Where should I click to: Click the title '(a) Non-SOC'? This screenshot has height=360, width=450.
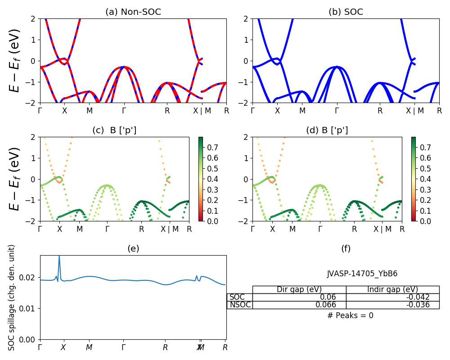point(133,12)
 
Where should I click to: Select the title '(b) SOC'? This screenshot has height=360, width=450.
point(346,12)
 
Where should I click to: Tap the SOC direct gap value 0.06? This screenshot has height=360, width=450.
point(333,297)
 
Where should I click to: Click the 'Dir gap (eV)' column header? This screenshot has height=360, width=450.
point(299,289)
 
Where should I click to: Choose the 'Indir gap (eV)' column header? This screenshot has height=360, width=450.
point(392,289)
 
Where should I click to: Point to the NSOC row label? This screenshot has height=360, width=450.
point(240,305)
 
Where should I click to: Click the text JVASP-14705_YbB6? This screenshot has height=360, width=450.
point(362,274)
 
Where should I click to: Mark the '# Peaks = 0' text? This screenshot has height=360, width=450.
point(350,315)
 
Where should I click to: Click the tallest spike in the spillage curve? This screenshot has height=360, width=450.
point(59,257)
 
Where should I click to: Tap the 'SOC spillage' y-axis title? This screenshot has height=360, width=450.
point(12,297)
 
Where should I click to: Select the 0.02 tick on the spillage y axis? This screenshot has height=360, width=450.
point(30,278)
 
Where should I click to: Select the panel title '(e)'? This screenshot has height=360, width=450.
point(133,248)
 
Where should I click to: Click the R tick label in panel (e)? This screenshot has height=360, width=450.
point(225,347)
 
